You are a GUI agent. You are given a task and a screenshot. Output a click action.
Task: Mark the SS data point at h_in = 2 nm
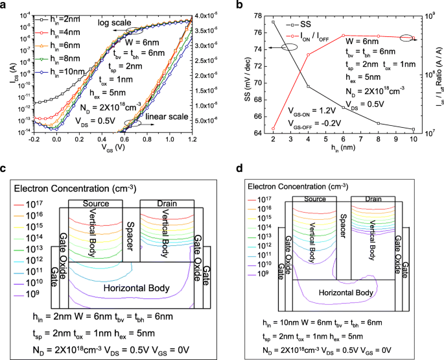click(x=274, y=22)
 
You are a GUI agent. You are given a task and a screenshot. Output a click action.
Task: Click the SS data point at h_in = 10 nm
click(x=413, y=129)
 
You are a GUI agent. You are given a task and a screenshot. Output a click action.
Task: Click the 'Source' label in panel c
click(x=100, y=204)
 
